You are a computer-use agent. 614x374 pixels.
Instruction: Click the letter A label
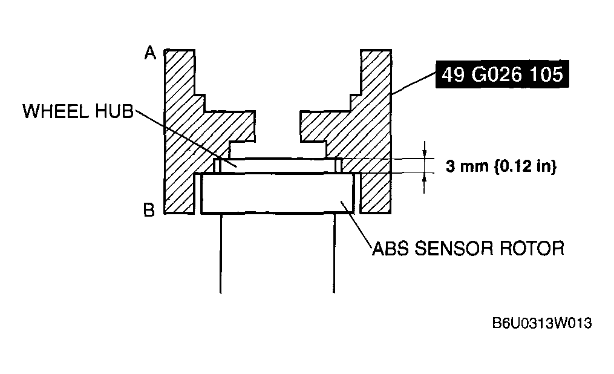tap(150, 53)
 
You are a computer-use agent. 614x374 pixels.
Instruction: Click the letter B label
tap(149, 211)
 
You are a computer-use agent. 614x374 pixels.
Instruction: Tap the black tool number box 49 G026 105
tap(502, 74)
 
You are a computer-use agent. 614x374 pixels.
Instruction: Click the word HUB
tap(114, 111)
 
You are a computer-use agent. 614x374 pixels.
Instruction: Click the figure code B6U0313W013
tap(542, 323)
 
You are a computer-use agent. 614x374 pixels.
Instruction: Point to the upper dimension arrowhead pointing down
tap(424, 154)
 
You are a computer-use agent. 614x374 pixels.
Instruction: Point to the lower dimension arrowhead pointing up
tap(424, 178)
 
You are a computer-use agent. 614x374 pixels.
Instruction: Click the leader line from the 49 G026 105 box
tap(414, 84)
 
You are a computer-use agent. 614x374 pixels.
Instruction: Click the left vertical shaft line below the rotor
tap(221, 253)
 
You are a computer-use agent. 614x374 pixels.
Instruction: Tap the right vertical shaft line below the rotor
tap(334, 253)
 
